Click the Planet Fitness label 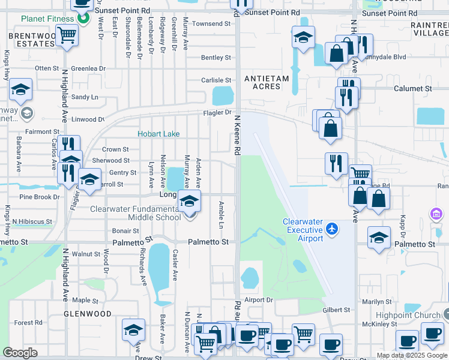coord(47,19)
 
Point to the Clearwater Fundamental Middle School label coord(135,213)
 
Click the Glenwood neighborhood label coord(88,314)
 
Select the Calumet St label coord(412,88)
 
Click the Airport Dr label coord(259,299)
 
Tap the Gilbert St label coord(336,310)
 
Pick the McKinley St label coord(376,324)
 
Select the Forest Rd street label coord(28,322)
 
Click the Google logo coord(20,353)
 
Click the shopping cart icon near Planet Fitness coord(67,37)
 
